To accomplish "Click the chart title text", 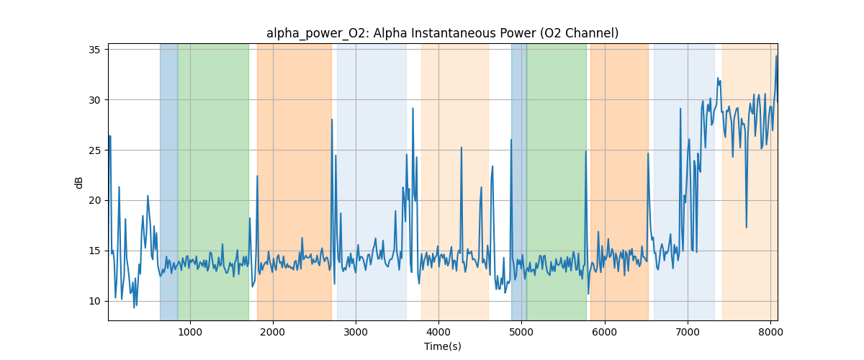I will [442, 33].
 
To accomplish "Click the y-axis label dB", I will [79, 182].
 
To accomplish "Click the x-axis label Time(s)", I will [442, 346].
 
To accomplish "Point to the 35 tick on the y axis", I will [94, 49].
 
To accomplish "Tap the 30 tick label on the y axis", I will [94, 99].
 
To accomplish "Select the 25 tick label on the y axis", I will [94, 150].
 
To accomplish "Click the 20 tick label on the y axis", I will [94, 200].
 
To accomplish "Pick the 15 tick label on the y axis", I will [94, 251].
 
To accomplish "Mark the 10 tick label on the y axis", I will [94, 301].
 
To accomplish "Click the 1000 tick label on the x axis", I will [189, 331].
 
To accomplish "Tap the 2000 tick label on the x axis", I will [273, 331].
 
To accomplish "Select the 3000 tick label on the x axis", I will [356, 331].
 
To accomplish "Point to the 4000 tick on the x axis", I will [438, 331].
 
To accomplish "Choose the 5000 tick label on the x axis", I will [521, 331].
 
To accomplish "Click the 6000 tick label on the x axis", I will [605, 331].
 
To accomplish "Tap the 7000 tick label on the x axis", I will [688, 331].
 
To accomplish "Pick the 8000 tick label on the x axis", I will [770, 331].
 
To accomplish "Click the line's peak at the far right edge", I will [776, 56].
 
